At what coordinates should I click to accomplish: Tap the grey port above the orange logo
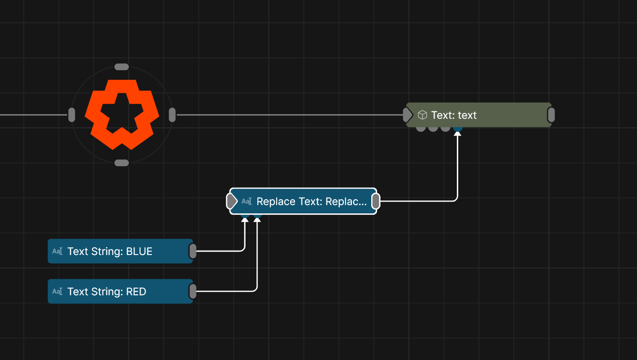pos(121,67)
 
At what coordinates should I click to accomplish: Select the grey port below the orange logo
pos(121,163)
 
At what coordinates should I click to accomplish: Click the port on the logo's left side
pos(71,115)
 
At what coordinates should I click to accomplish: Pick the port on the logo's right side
pos(172,115)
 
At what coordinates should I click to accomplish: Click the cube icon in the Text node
pos(422,115)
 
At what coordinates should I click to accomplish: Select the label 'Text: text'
pos(454,115)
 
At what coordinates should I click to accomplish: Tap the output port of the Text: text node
pos(551,115)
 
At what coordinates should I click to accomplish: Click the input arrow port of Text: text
pos(407,115)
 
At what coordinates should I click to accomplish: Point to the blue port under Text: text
pos(458,128)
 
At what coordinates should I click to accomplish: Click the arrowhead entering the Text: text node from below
pos(458,134)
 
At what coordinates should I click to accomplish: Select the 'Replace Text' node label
pos(312,202)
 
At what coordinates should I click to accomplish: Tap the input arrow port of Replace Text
pos(232,202)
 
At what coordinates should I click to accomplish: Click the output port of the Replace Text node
pos(376,202)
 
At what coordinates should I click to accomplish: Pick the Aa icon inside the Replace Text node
pos(246,202)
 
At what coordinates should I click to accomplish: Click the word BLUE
pos(139,252)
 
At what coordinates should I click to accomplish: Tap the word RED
pos(136,292)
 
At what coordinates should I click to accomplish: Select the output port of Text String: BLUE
pos(193,252)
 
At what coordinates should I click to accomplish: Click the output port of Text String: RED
pos(193,292)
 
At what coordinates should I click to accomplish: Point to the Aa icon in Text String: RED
pos(57,292)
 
